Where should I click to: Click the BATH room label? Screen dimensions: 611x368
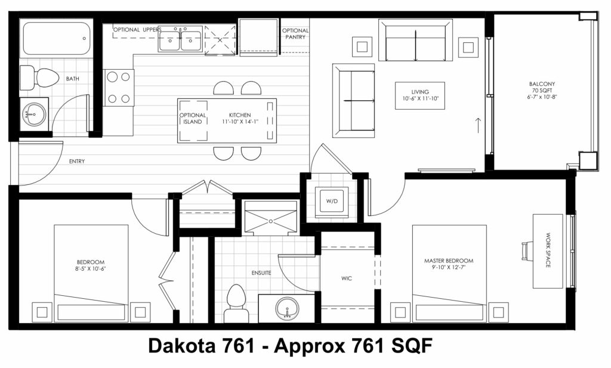[x=72, y=79]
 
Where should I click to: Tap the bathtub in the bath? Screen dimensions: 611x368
[x=57, y=38]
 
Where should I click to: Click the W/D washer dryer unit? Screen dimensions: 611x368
[x=332, y=202]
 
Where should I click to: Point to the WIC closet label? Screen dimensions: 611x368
[x=347, y=279]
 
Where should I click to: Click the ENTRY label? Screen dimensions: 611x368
[x=77, y=161]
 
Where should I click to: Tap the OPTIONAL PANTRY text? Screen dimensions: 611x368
[x=295, y=33]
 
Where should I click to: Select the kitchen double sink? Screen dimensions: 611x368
[x=180, y=39]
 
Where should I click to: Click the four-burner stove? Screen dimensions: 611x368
[x=119, y=88]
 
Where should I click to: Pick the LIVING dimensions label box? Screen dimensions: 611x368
[x=420, y=95]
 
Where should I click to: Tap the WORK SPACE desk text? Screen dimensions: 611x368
[x=548, y=250]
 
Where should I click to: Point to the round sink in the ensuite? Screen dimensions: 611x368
[x=287, y=308]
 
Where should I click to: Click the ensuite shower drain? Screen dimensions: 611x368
[x=271, y=221]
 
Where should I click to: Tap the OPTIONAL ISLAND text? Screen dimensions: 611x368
[x=193, y=118]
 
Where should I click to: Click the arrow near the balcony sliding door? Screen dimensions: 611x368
[x=479, y=125]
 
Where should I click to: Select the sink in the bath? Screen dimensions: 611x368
[x=34, y=114]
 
